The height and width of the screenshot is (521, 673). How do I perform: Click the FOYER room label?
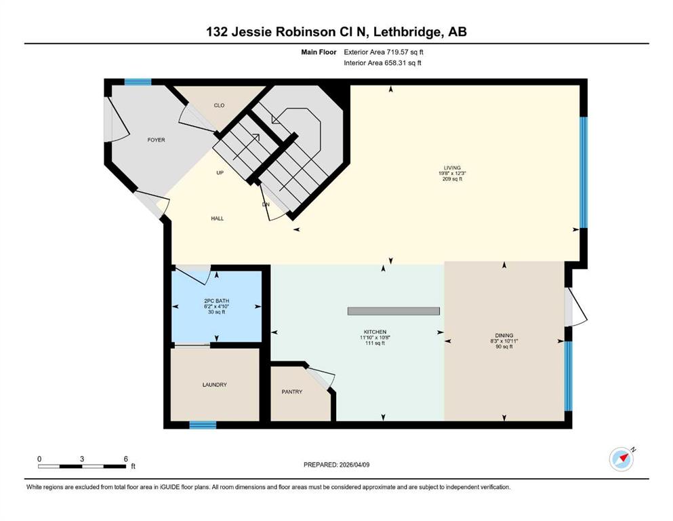(x=157, y=140)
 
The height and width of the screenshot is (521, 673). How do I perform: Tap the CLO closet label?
(x=219, y=105)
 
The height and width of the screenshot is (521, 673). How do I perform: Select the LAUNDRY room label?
(x=215, y=385)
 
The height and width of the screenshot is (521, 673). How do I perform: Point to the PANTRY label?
(x=292, y=391)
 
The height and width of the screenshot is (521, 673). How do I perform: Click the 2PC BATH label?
(x=217, y=301)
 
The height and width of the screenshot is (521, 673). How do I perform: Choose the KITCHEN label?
(x=375, y=332)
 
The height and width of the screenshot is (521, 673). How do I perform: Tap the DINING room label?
(x=504, y=335)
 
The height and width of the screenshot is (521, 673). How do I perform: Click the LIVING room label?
(x=452, y=168)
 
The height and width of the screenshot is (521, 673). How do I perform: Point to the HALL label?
(x=217, y=218)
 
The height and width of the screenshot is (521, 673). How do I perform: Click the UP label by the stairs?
(x=220, y=173)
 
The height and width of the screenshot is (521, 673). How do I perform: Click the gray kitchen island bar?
(x=394, y=311)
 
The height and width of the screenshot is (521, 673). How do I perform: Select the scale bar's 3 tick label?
(x=82, y=459)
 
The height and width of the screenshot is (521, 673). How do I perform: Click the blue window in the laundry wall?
(x=203, y=425)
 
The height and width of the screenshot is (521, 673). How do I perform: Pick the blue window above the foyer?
(x=138, y=82)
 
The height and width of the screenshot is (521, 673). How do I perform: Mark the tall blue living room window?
(x=584, y=172)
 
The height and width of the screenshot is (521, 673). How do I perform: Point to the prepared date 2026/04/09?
(x=354, y=465)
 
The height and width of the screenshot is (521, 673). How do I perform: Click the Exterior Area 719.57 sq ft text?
(x=384, y=52)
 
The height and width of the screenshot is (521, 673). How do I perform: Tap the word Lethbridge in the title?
(x=407, y=32)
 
